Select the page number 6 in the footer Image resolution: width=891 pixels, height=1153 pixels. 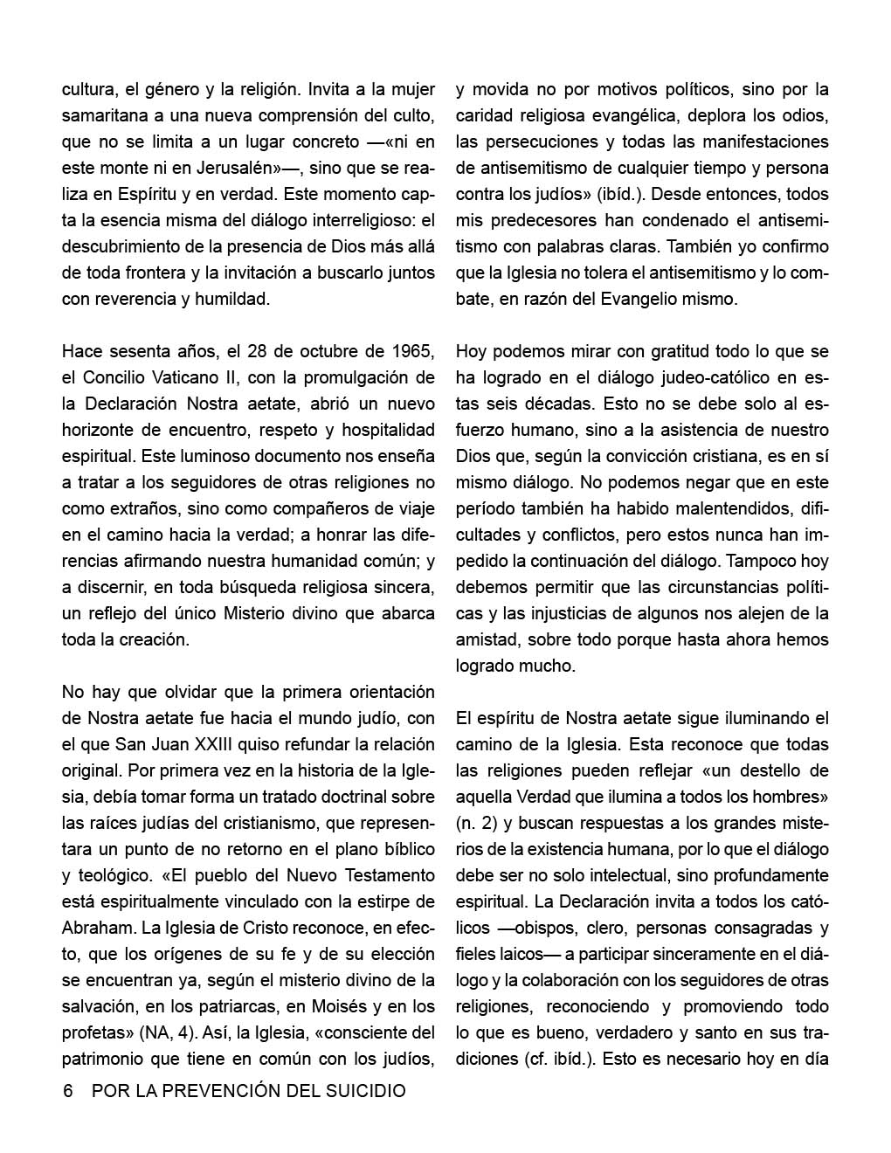point(68,1091)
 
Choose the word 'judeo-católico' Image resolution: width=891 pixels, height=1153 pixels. point(708,377)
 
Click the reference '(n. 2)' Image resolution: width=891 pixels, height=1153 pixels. point(479,823)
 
